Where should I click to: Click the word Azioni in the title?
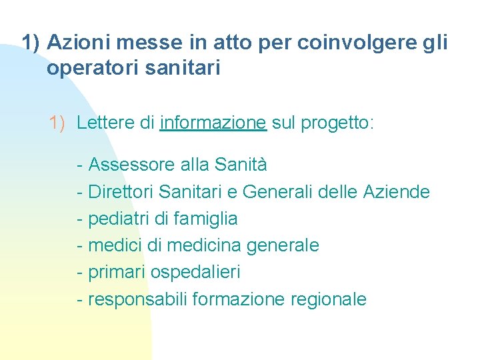[x=80, y=43]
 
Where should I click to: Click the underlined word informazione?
[x=213, y=123]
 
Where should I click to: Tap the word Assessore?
[x=131, y=163]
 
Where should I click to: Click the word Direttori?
[x=121, y=192]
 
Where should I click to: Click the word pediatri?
[x=116, y=219]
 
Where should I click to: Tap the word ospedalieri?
[x=195, y=273]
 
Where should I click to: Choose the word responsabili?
[x=137, y=299]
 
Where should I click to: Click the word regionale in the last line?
[x=329, y=300]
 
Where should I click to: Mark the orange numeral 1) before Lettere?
[x=58, y=123]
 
